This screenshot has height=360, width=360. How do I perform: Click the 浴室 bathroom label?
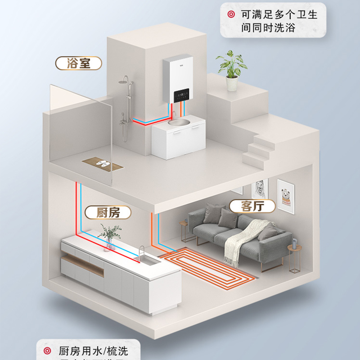[79, 63]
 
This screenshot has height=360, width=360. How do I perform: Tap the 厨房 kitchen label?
[108, 212]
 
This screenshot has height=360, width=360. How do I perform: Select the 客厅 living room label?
[252, 206]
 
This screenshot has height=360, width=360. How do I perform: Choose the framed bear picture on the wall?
[285, 195]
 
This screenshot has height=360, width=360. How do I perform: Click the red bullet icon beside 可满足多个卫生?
[232, 15]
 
